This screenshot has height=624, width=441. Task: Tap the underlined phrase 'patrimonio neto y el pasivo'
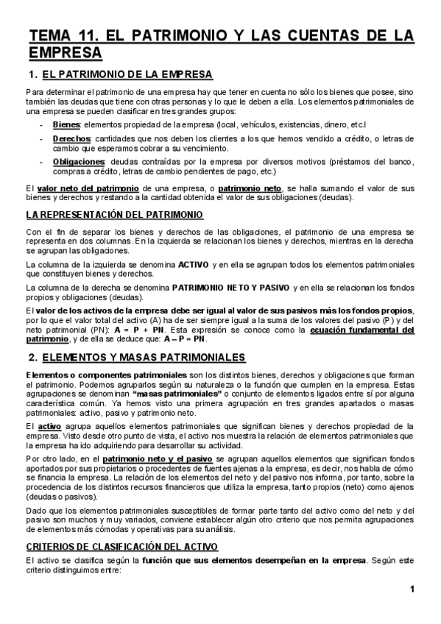[x=154, y=457]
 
